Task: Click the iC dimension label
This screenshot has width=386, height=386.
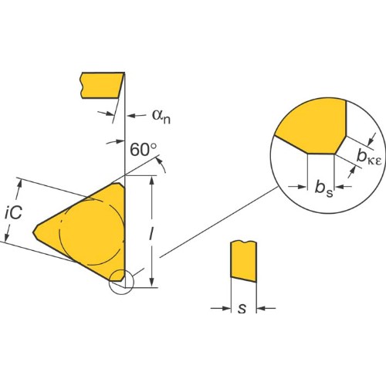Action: coord(13,213)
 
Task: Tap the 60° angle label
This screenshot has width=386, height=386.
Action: coord(144,150)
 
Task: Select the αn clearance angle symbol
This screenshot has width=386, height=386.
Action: coord(161,116)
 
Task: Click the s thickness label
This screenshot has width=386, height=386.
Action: coord(242,308)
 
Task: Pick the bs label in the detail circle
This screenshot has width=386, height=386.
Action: coord(324,188)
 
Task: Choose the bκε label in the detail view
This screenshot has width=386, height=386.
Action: coord(368,157)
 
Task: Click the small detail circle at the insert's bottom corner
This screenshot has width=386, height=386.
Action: coord(121,282)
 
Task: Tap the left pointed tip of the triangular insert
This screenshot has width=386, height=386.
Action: coord(33,232)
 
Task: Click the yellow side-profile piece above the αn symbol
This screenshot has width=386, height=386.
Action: coord(102,86)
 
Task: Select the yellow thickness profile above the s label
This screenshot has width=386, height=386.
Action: coord(243,261)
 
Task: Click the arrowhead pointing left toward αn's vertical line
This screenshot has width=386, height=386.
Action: coord(132,116)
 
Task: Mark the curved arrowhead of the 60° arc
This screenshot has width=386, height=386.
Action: coord(158,161)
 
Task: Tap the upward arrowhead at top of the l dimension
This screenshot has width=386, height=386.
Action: coord(152,180)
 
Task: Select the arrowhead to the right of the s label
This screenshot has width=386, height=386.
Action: coord(261,308)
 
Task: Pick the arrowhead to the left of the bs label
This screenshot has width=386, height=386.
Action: coord(303,187)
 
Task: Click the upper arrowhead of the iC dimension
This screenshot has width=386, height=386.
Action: coord(20,185)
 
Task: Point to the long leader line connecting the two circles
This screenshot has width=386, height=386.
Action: coord(218,222)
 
